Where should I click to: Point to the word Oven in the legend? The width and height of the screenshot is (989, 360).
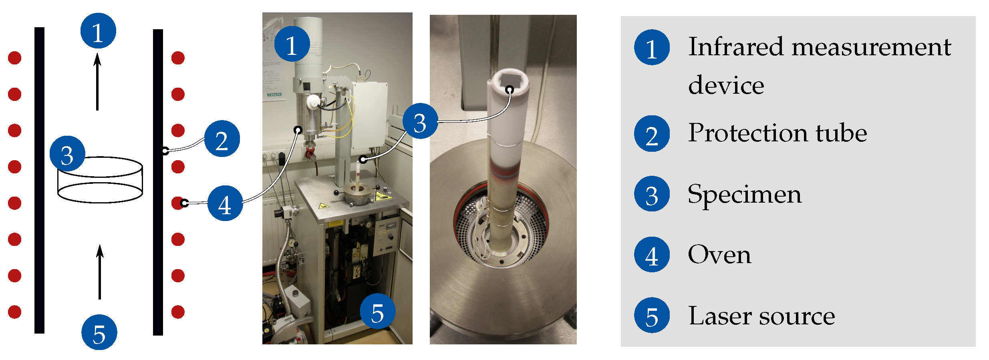(719, 255)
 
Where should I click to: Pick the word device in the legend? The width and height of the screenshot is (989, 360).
(726, 85)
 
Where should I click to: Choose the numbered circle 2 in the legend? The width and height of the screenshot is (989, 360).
(652, 134)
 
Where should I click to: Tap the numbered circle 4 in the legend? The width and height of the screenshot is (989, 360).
(652, 255)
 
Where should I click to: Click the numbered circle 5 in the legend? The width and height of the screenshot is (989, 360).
(652, 315)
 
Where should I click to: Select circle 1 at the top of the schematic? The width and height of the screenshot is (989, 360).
(98, 31)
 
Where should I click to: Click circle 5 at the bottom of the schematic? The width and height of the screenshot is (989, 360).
(99, 332)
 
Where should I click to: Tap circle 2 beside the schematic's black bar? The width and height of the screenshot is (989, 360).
(222, 139)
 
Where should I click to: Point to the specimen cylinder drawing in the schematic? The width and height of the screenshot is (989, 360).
(100, 180)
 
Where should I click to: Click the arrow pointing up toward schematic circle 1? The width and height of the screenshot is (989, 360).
(97, 82)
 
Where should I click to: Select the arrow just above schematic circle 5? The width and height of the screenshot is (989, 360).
(100, 272)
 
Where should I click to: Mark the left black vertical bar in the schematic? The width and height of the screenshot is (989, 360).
(39, 180)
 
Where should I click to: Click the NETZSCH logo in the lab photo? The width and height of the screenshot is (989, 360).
(274, 95)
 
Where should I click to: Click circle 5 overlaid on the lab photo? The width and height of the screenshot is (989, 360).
(378, 312)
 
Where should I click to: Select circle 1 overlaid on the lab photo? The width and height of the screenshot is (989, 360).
(292, 44)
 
